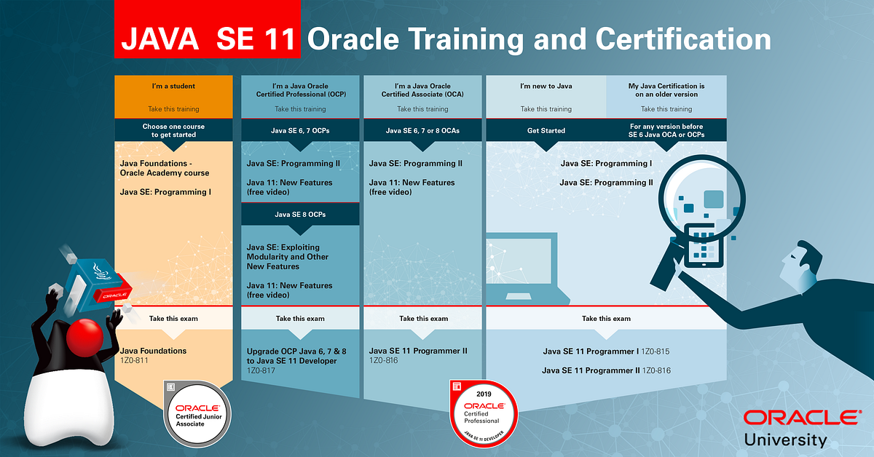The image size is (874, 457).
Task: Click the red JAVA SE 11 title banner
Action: [x=207, y=29]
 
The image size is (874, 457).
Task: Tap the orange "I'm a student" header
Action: [x=173, y=97]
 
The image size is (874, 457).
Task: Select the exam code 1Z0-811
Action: [x=134, y=360]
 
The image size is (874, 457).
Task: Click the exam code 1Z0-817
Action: [x=261, y=370]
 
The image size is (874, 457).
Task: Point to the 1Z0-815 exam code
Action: [x=655, y=351]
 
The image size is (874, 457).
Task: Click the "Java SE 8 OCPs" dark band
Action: [x=300, y=215]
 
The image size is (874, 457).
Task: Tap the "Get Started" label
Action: [x=546, y=131]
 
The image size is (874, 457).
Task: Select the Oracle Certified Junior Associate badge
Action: [x=197, y=414]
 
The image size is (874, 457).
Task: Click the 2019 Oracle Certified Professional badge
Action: [x=484, y=413]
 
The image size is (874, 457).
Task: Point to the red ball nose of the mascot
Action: [x=84, y=338]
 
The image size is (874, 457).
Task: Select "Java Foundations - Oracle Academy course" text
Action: [x=165, y=168]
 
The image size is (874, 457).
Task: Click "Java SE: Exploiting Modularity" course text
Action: [x=287, y=257]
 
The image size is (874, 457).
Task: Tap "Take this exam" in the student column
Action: [x=173, y=319]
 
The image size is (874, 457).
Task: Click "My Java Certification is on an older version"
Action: [x=666, y=90]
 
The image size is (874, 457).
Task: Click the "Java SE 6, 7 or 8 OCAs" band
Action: [x=422, y=131]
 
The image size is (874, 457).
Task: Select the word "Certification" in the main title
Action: [x=683, y=39]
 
